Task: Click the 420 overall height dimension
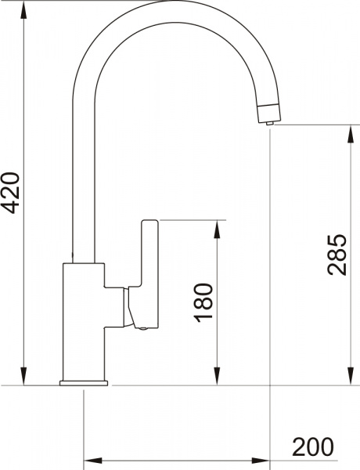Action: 11,191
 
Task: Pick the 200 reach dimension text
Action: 313,447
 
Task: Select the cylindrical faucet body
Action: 82,321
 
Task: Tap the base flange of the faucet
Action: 83,383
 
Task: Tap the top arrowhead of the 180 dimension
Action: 217,227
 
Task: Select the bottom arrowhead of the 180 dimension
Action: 217,379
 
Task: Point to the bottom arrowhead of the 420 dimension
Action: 24,379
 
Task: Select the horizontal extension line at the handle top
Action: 188,220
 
